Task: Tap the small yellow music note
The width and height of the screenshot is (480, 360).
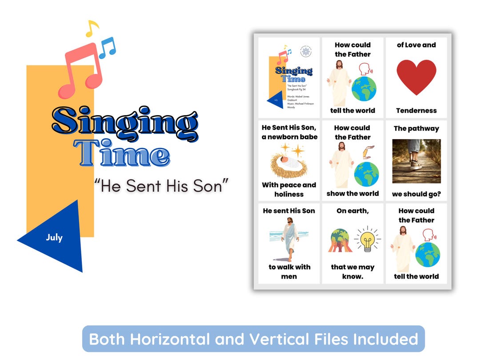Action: click(x=92, y=29)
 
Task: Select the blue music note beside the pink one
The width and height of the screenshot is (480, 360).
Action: click(x=107, y=48)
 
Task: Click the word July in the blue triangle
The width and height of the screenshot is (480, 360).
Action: click(x=54, y=237)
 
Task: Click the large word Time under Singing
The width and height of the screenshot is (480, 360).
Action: click(x=122, y=153)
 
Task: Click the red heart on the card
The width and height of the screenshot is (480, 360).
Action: click(x=416, y=77)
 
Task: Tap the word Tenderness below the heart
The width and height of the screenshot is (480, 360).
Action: click(x=416, y=111)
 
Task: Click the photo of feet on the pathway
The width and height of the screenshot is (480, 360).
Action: click(x=416, y=161)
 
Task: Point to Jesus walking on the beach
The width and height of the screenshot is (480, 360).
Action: click(x=289, y=238)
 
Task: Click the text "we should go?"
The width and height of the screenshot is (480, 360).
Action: click(x=416, y=194)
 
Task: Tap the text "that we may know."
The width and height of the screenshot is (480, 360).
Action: click(x=352, y=272)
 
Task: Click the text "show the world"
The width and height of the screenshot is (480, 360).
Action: click(x=352, y=193)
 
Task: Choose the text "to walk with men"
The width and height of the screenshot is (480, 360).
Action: click(x=289, y=272)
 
